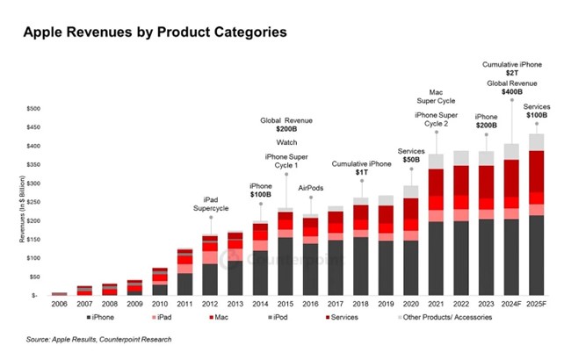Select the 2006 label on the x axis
pos(59,303)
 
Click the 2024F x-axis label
pos(511,303)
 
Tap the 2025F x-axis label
pos(537,303)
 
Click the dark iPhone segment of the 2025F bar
pos(537,255)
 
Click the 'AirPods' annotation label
pos(310,187)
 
